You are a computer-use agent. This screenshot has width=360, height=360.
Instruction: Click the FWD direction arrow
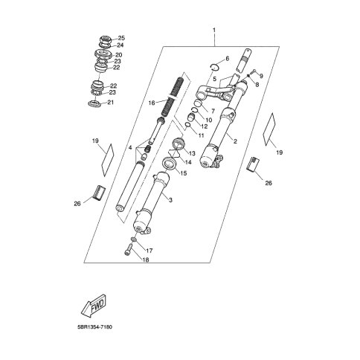pos(94,306)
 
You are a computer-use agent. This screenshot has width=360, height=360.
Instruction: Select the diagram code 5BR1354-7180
pos(94,327)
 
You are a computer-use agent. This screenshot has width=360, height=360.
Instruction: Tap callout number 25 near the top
pos(121,38)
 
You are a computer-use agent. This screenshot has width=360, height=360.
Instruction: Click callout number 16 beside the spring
pos(152,103)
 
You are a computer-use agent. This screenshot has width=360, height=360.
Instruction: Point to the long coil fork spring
pos(172,97)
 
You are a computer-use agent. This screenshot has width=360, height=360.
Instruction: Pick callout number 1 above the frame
pos(214,30)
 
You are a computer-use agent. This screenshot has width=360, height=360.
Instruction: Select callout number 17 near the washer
pos(150,251)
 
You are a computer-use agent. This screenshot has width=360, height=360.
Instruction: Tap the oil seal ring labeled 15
pos(170,164)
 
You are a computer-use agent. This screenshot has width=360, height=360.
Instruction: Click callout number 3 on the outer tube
pos(170,200)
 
